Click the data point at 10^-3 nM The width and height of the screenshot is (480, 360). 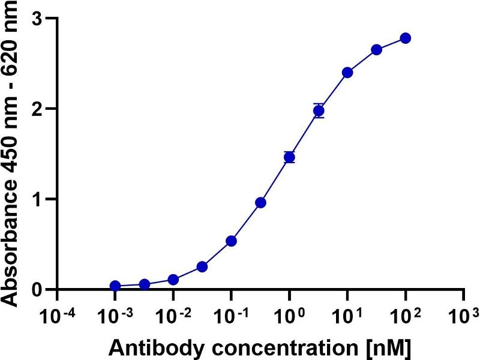coord(115,286)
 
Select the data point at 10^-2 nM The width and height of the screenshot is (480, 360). coord(173,280)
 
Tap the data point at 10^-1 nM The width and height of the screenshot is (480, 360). coord(231,241)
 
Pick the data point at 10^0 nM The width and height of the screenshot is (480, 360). coord(289,157)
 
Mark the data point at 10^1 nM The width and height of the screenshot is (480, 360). coord(347,73)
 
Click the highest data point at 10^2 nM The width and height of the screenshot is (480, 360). coord(405,38)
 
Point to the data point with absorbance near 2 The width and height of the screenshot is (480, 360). coord(319,110)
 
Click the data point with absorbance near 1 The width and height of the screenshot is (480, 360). coord(260,202)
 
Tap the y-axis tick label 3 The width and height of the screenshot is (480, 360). coord(37,19)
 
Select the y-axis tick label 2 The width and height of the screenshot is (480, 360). coord(37,109)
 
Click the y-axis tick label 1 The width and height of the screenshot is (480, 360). coord(37,199)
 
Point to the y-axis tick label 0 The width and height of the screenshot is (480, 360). coord(37,290)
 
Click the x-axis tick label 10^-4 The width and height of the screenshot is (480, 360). coord(56,314)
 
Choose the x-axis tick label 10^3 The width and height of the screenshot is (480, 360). coord(464,314)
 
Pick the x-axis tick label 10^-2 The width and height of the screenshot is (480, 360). coord(172,314)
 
